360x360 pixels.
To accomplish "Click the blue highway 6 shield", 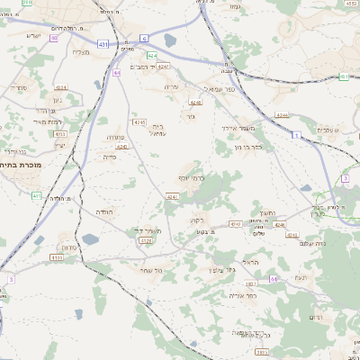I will coord(144,39).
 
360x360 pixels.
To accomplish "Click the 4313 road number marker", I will coord(60,134).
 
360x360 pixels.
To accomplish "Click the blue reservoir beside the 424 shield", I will coord(170,40).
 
